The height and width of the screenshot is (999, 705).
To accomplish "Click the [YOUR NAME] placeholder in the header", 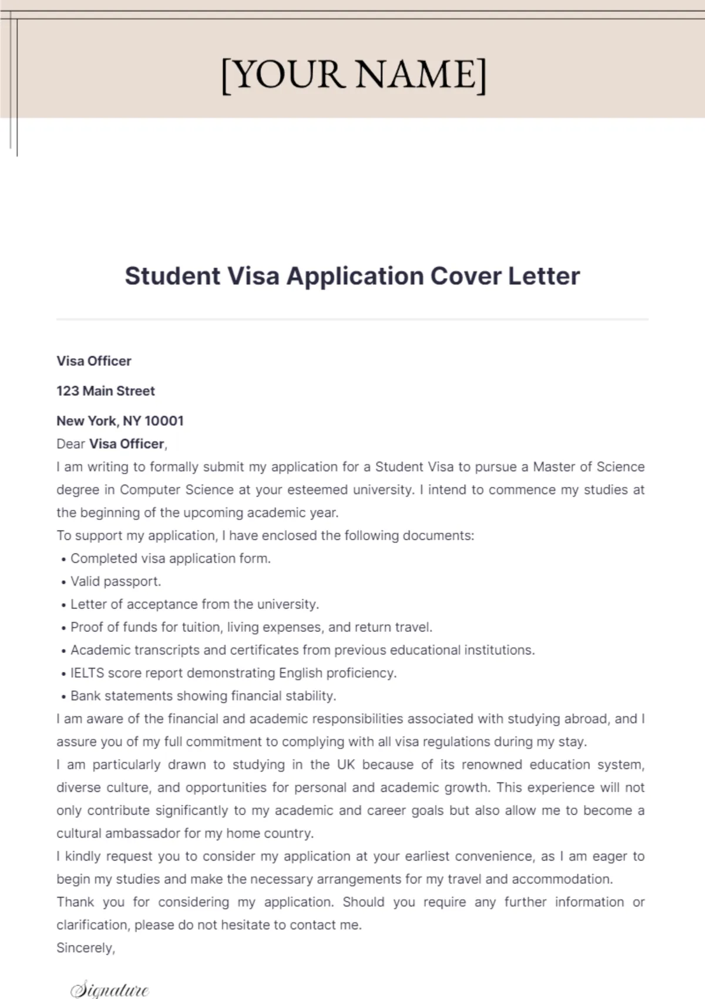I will [354, 75].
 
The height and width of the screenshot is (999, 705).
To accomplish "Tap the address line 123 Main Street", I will [106, 391].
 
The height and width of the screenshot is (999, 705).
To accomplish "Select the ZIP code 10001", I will [164, 421].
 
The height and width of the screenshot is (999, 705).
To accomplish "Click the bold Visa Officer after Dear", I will [126, 444].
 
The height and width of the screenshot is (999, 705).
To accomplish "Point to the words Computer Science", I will [177, 490].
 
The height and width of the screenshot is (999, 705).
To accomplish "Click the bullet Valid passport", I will [115, 581].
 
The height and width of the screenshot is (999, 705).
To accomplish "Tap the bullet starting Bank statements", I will [203, 696].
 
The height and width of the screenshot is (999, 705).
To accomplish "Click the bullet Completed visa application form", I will [170, 559].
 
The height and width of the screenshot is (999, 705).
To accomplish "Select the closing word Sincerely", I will [85, 948].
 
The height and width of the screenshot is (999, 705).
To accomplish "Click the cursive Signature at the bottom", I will [109, 990].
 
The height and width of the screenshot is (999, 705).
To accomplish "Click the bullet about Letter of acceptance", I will [194, 604].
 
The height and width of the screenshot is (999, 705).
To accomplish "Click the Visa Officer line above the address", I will [94, 361].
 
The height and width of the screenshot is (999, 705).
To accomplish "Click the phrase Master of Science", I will [588, 467].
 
